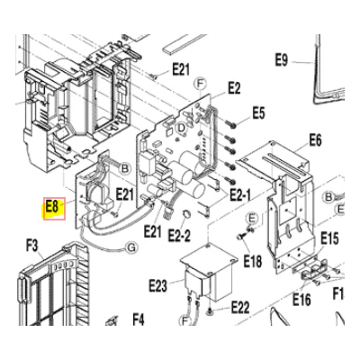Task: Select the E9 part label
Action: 282,60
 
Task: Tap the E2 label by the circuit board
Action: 234,88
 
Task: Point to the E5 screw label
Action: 258,113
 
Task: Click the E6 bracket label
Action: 315,140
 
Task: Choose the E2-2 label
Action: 179,235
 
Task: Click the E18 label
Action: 253,261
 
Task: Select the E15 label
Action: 329,238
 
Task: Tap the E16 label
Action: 301,299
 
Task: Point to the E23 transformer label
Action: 157,285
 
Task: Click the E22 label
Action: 240,307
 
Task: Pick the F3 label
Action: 32,247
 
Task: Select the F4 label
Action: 139,319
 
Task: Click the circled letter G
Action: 131,247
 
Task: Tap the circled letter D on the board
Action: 181,129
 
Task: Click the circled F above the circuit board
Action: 200,84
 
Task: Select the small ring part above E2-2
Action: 186,213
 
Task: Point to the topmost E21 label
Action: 181,69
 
